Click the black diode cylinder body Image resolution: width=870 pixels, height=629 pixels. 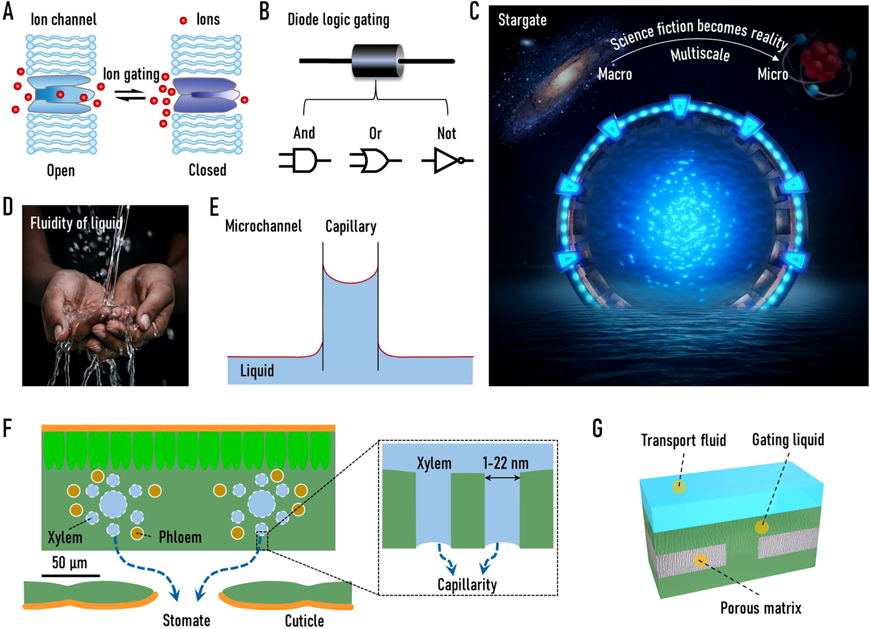pos(377,61)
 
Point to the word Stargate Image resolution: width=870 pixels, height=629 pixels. pos(522,20)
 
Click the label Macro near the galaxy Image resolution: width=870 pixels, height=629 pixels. pos(615,74)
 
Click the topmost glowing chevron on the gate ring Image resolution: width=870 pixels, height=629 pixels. pos(679,106)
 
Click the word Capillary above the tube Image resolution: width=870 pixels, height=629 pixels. pos(351,226)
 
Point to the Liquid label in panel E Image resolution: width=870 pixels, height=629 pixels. pos(257,371)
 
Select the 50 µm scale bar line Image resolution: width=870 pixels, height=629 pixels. pos(70,575)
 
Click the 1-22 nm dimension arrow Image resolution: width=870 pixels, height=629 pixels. pos(502,478)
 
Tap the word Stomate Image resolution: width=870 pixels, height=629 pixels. pos(186,620)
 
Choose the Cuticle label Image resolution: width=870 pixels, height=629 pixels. pos(304,620)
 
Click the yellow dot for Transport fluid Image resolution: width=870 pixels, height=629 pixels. pos(679,487)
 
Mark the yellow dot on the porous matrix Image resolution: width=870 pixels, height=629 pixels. pos(700,560)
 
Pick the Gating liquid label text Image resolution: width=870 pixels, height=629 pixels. pos(788,440)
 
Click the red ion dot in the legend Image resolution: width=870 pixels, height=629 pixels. pos(183,20)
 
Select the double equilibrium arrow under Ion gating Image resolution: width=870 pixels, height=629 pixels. pos(130,95)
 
